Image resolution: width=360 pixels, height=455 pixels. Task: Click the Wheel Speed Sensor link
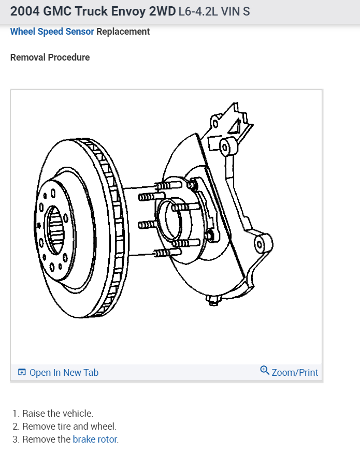[52, 32]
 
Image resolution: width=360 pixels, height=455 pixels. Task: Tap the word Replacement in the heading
[123, 32]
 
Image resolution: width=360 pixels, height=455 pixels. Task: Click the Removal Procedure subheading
[50, 57]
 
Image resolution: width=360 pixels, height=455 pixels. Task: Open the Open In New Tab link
[64, 373]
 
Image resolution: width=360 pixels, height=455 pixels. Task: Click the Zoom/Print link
[295, 373]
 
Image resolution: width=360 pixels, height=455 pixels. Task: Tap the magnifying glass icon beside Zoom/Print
[265, 371]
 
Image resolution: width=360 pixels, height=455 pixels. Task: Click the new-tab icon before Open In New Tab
[22, 373]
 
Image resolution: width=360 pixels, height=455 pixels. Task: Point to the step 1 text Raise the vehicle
[57, 414]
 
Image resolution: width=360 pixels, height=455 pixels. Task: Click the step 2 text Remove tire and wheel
[69, 427]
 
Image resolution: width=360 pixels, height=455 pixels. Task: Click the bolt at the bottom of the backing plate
[213, 300]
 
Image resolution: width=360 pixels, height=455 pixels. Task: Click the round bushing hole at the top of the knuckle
[225, 145]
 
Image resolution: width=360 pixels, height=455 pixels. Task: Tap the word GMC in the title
[59, 11]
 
